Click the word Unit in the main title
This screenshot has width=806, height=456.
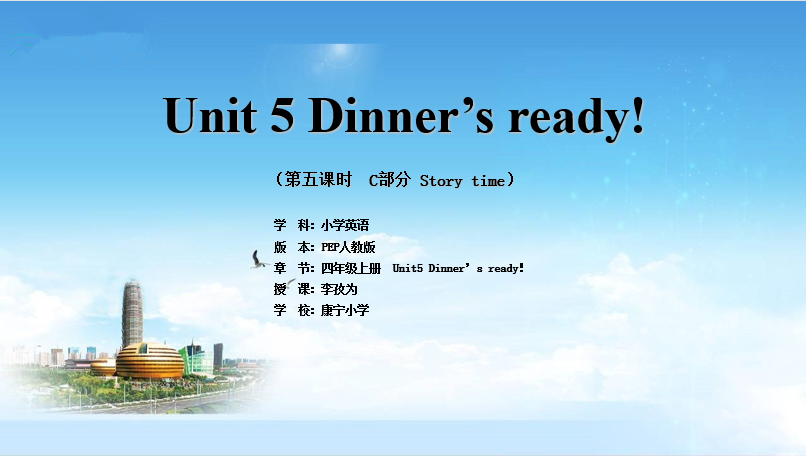point(210,115)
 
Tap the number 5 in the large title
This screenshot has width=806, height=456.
point(282,115)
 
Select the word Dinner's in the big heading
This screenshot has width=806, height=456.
point(401,115)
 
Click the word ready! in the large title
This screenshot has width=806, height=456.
point(576,117)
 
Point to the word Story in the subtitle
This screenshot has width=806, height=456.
point(441,181)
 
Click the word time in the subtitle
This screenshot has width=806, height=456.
point(488,181)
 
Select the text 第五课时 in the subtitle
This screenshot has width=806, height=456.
point(318,179)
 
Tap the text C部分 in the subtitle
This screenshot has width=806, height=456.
point(390,179)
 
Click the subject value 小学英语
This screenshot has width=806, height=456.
point(345,225)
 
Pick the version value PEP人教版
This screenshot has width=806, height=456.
point(348,247)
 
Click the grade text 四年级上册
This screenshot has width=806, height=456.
point(351,268)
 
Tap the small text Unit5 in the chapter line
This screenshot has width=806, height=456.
point(408,268)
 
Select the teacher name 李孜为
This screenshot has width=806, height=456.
point(339,289)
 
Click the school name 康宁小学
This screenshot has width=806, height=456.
point(345,311)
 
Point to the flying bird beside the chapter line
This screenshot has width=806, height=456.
point(259,260)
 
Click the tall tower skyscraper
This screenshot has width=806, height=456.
point(132,314)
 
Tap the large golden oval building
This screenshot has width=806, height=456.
point(150,361)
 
